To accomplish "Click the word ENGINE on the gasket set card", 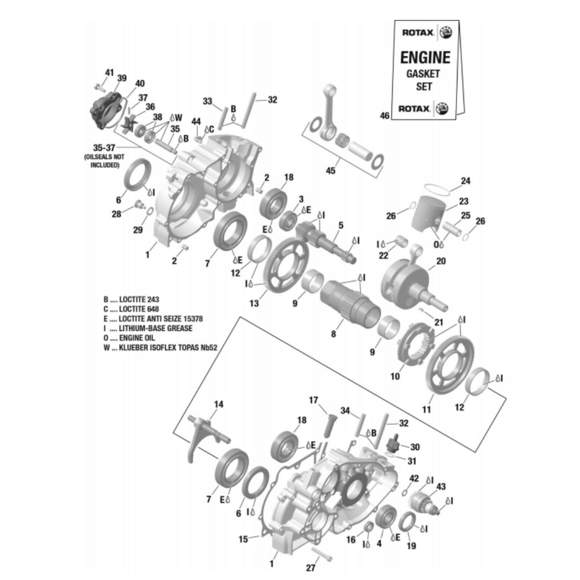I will pyautogui.click(x=425, y=57).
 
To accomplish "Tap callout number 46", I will pyautogui.click(x=385, y=115).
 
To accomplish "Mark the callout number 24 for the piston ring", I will pyautogui.click(x=465, y=180).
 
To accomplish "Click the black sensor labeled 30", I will pyautogui.click(x=395, y=443).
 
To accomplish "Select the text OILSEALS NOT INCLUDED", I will pyautogui.click(x=104, y=161).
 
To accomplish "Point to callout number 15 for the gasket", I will pyautogui.click(x=243, y=539).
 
